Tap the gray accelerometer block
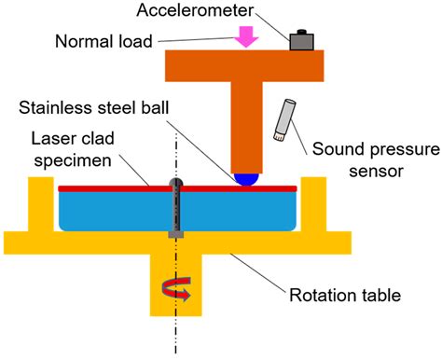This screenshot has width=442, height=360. pos(301,40)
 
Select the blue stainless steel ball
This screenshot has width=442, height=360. pos(245,177)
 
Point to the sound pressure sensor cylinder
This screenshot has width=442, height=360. pos(283,123)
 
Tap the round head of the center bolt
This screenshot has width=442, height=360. pos(173,184)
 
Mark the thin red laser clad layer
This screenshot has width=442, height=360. pos(112,188)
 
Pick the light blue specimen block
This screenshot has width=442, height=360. pos(112,210)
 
